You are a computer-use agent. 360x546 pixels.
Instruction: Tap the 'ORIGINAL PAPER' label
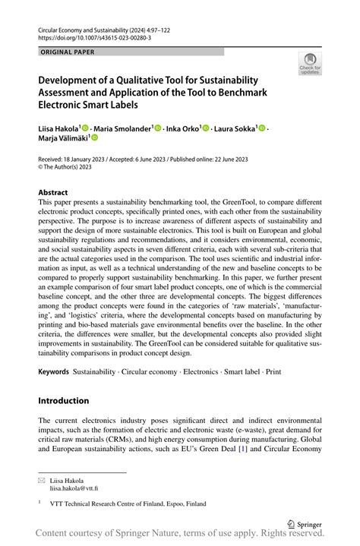[68, 52]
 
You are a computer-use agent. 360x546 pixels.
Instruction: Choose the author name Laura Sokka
[235, 129]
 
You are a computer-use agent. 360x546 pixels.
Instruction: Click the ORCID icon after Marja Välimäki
[95, 139]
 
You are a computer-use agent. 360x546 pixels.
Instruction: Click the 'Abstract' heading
[53, 193]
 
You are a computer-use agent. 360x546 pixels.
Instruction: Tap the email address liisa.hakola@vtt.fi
[74, 489]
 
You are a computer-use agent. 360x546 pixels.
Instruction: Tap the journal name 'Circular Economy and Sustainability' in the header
[91, 27]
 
